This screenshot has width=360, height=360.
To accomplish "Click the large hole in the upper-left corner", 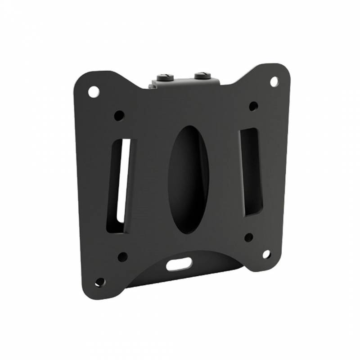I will [x=94, y=92].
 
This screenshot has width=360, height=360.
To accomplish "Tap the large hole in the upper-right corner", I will [x=274, y=81].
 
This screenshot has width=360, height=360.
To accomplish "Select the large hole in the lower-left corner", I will [x=100, y=282].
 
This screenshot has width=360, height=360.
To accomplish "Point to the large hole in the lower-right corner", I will [x=266, y=254].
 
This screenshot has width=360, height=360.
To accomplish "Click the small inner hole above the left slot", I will [x=119, y=116].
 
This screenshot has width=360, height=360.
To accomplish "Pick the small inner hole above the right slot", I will [x=253, y=107].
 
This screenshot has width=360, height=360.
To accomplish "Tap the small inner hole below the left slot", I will [x=122, y=257].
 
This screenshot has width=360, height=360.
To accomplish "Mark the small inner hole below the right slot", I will [x=248, y=237].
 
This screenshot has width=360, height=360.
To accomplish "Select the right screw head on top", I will [x=201, y=74].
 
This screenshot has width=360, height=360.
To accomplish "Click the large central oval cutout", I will [x=189, y=179].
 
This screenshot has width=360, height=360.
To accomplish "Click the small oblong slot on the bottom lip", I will [x=179, y=264].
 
